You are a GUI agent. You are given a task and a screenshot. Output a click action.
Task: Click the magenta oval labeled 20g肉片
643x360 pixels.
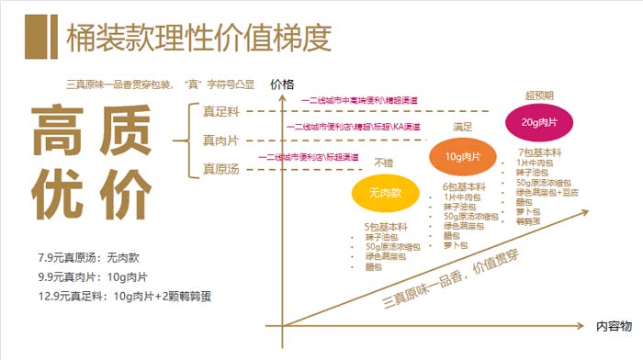(x=539, y=121)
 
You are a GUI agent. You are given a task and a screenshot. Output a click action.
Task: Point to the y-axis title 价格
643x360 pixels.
(x=283, y=84)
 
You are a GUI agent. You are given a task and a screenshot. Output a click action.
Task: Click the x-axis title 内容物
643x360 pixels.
(x=614, y=326)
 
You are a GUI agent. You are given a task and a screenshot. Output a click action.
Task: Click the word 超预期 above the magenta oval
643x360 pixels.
(x=540, y=96)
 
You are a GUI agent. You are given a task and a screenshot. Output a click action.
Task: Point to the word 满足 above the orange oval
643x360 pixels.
(x=464, y=127)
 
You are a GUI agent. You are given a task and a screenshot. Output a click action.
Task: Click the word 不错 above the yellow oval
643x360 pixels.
(x=383, y=163)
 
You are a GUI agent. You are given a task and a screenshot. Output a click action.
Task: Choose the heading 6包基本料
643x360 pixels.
(x=463, y=186)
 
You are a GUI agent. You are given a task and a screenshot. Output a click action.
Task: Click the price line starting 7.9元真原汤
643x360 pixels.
(x=88, y=258)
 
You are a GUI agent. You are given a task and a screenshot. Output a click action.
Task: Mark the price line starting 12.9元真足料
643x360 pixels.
(x=125, y=296)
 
